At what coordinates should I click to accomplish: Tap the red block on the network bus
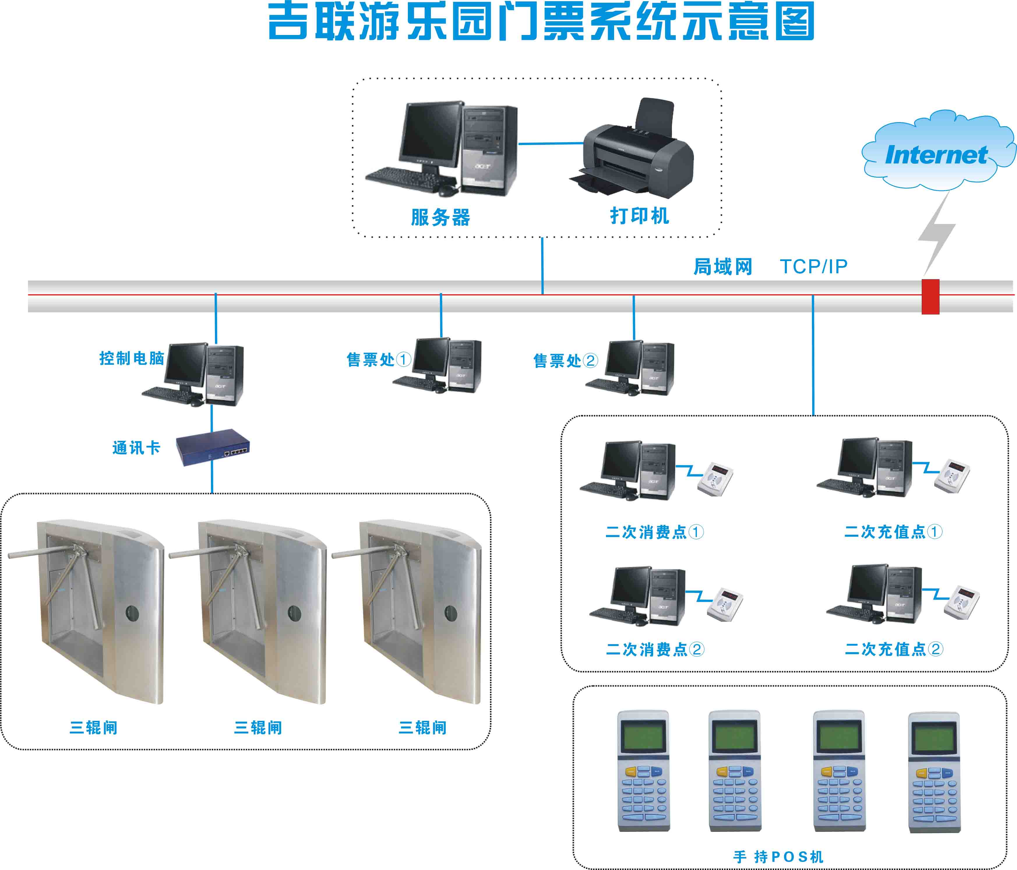point(930,297)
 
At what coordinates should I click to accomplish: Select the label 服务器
point(440,217)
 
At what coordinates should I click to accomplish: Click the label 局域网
point(722,267)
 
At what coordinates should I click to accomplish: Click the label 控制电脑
point(132,358)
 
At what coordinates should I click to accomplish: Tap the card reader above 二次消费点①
point(716,479)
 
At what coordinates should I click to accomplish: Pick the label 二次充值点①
point(893,532)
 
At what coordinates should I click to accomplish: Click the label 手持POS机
point(778,857)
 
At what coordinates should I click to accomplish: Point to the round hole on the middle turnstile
point(294,613)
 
